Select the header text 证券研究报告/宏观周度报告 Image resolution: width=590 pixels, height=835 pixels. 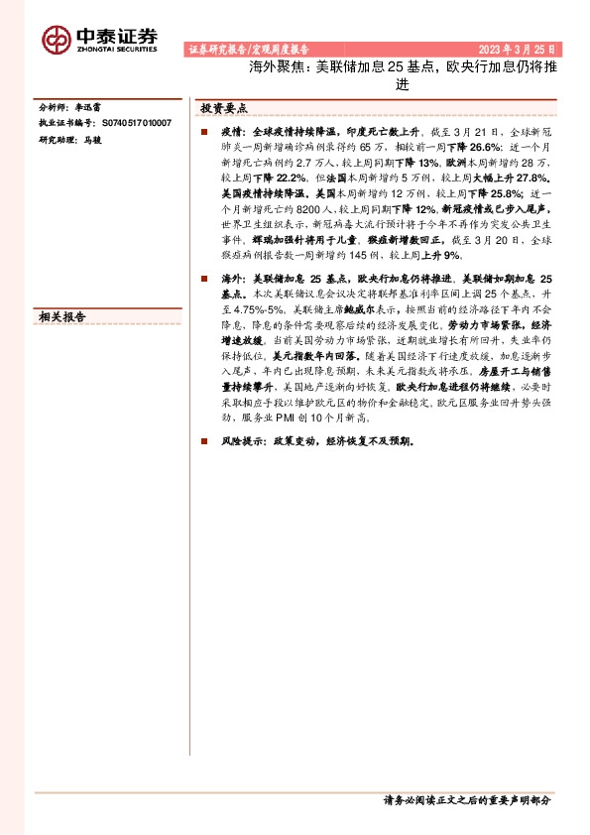coord(248,49)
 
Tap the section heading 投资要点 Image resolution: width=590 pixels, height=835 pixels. coord(223,108)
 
